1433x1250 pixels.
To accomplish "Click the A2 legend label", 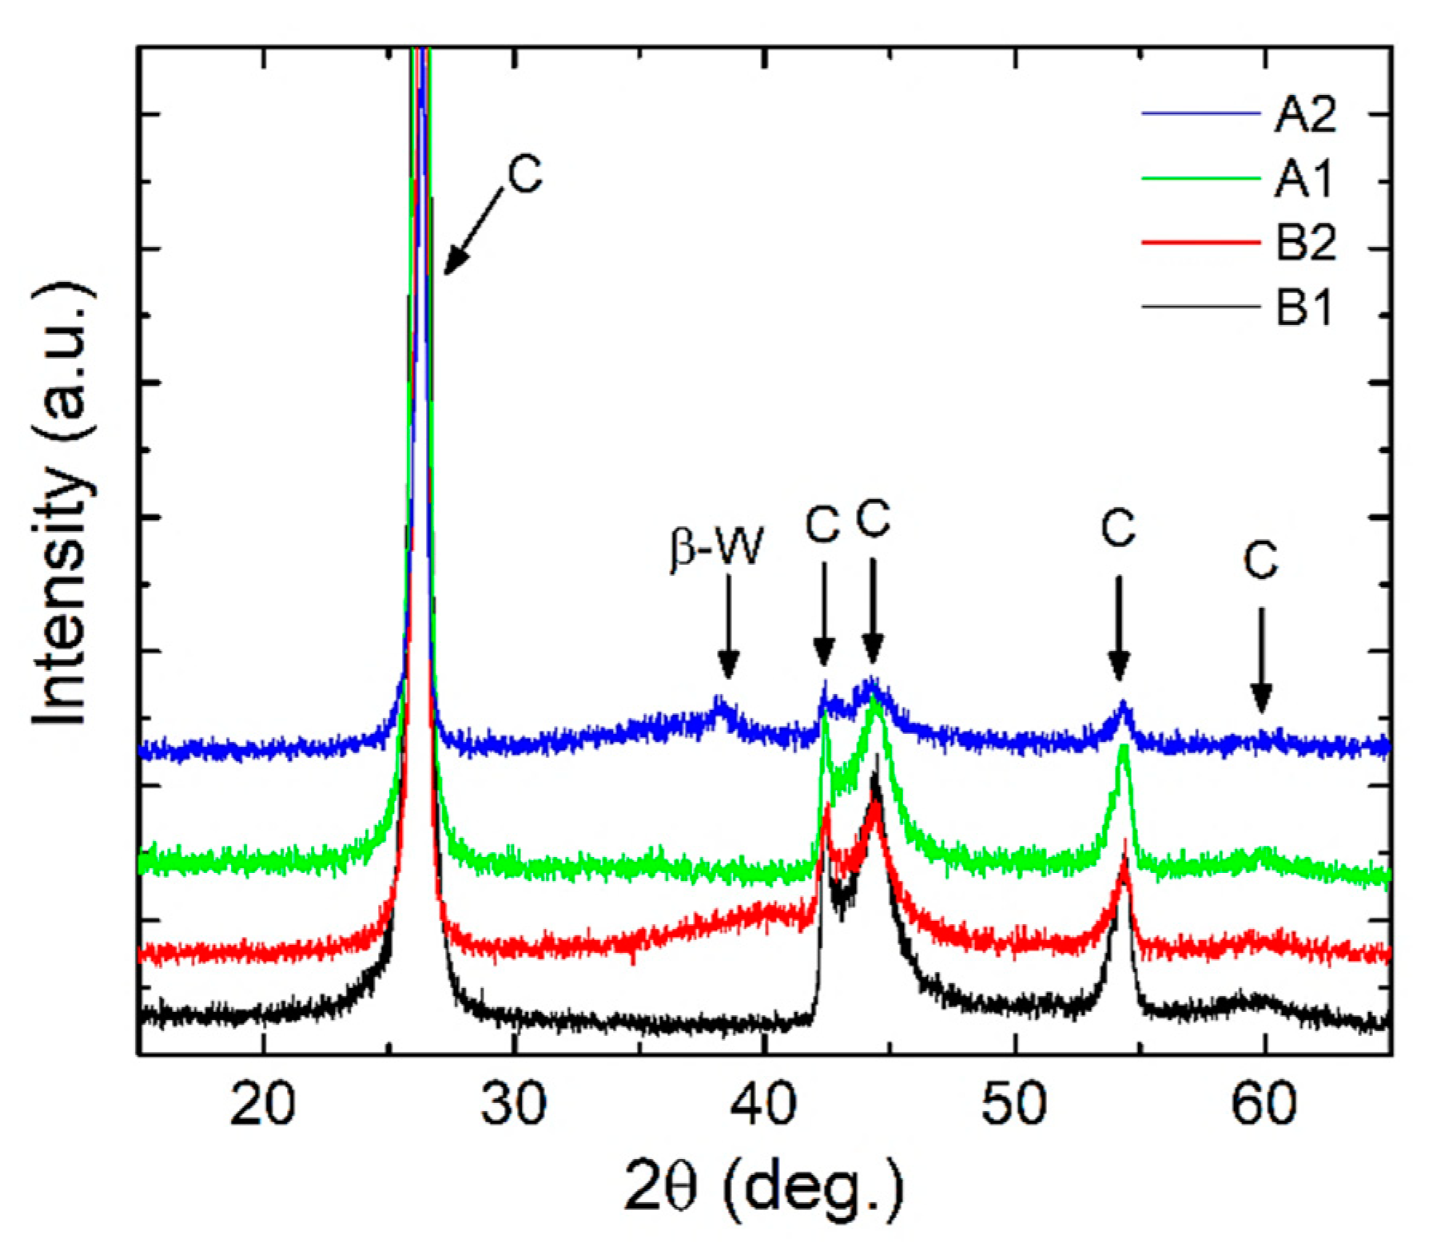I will click(x=1304, y=115).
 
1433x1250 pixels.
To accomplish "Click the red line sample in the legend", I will click(x=1199, y=242).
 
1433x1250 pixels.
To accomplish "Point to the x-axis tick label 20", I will click(x=262, y=1105).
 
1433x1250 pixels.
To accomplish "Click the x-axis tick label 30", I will click(x=514, y=1105).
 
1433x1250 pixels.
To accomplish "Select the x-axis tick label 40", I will click(x=765, y=1105).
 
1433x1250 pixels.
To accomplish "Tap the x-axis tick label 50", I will click(x=1014, y=1105).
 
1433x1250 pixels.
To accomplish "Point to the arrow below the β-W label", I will click(x=727, y=627).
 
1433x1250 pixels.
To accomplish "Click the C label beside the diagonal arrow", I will click(x=524, y=174).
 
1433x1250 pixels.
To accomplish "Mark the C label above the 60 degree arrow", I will click(x=1260, y=561).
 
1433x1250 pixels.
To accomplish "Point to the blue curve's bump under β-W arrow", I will click(x=721, y=705).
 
